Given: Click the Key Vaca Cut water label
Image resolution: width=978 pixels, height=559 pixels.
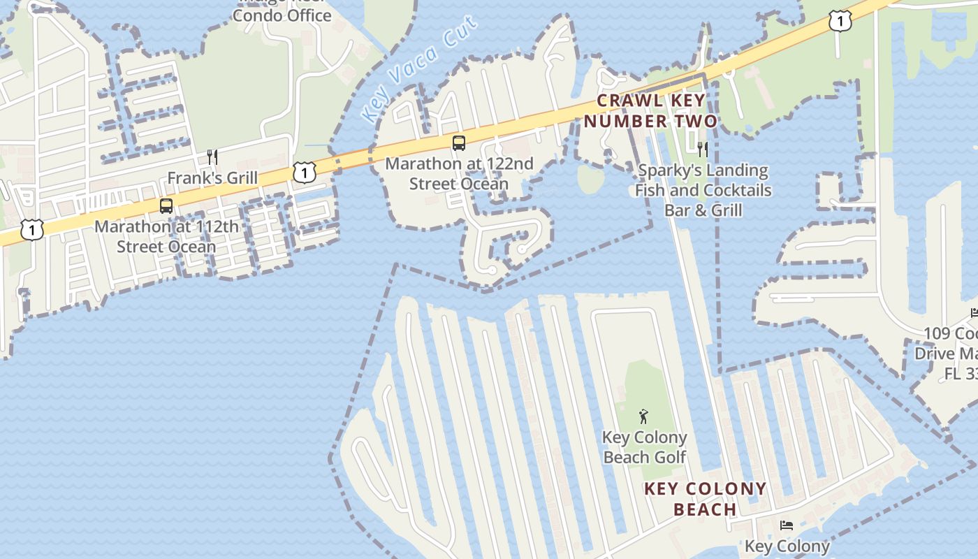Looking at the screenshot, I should point(419,68).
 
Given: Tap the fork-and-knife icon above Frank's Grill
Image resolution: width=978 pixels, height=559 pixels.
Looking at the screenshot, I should point(212,157).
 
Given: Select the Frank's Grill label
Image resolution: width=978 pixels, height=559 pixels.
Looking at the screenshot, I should point(212,177).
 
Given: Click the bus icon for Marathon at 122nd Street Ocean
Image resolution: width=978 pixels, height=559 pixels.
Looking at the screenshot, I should point(458,143).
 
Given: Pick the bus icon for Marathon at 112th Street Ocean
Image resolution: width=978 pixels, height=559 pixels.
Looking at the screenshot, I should point(166,206).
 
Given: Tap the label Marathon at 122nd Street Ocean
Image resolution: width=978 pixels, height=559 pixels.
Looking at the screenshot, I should point(459,174).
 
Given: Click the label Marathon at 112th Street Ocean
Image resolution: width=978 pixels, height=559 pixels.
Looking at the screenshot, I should point(166,237).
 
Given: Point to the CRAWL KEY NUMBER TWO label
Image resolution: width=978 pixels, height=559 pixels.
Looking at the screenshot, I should point(650,111).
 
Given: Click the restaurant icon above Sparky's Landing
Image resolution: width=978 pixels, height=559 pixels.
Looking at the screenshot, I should point(703,149).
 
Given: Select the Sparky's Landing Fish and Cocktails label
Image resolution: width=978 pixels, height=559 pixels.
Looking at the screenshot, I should point(703,190).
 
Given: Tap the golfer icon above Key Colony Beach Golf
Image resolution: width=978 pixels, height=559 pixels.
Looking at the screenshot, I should point(643,417).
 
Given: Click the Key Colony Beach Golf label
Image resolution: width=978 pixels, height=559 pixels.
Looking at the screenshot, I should point(644,447).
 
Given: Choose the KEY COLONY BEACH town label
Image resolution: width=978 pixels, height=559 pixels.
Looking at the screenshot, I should point(705,499).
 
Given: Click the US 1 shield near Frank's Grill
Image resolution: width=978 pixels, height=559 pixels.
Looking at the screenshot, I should point(304,171).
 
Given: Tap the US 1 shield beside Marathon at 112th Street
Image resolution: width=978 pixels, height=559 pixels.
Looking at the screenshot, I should point(31,229).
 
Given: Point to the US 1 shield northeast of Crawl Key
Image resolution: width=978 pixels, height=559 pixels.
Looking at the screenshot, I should point(840,22).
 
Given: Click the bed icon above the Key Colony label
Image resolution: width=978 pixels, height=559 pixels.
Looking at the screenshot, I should point(787,525).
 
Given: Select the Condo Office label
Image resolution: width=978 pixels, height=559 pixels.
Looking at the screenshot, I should point(282,15).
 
